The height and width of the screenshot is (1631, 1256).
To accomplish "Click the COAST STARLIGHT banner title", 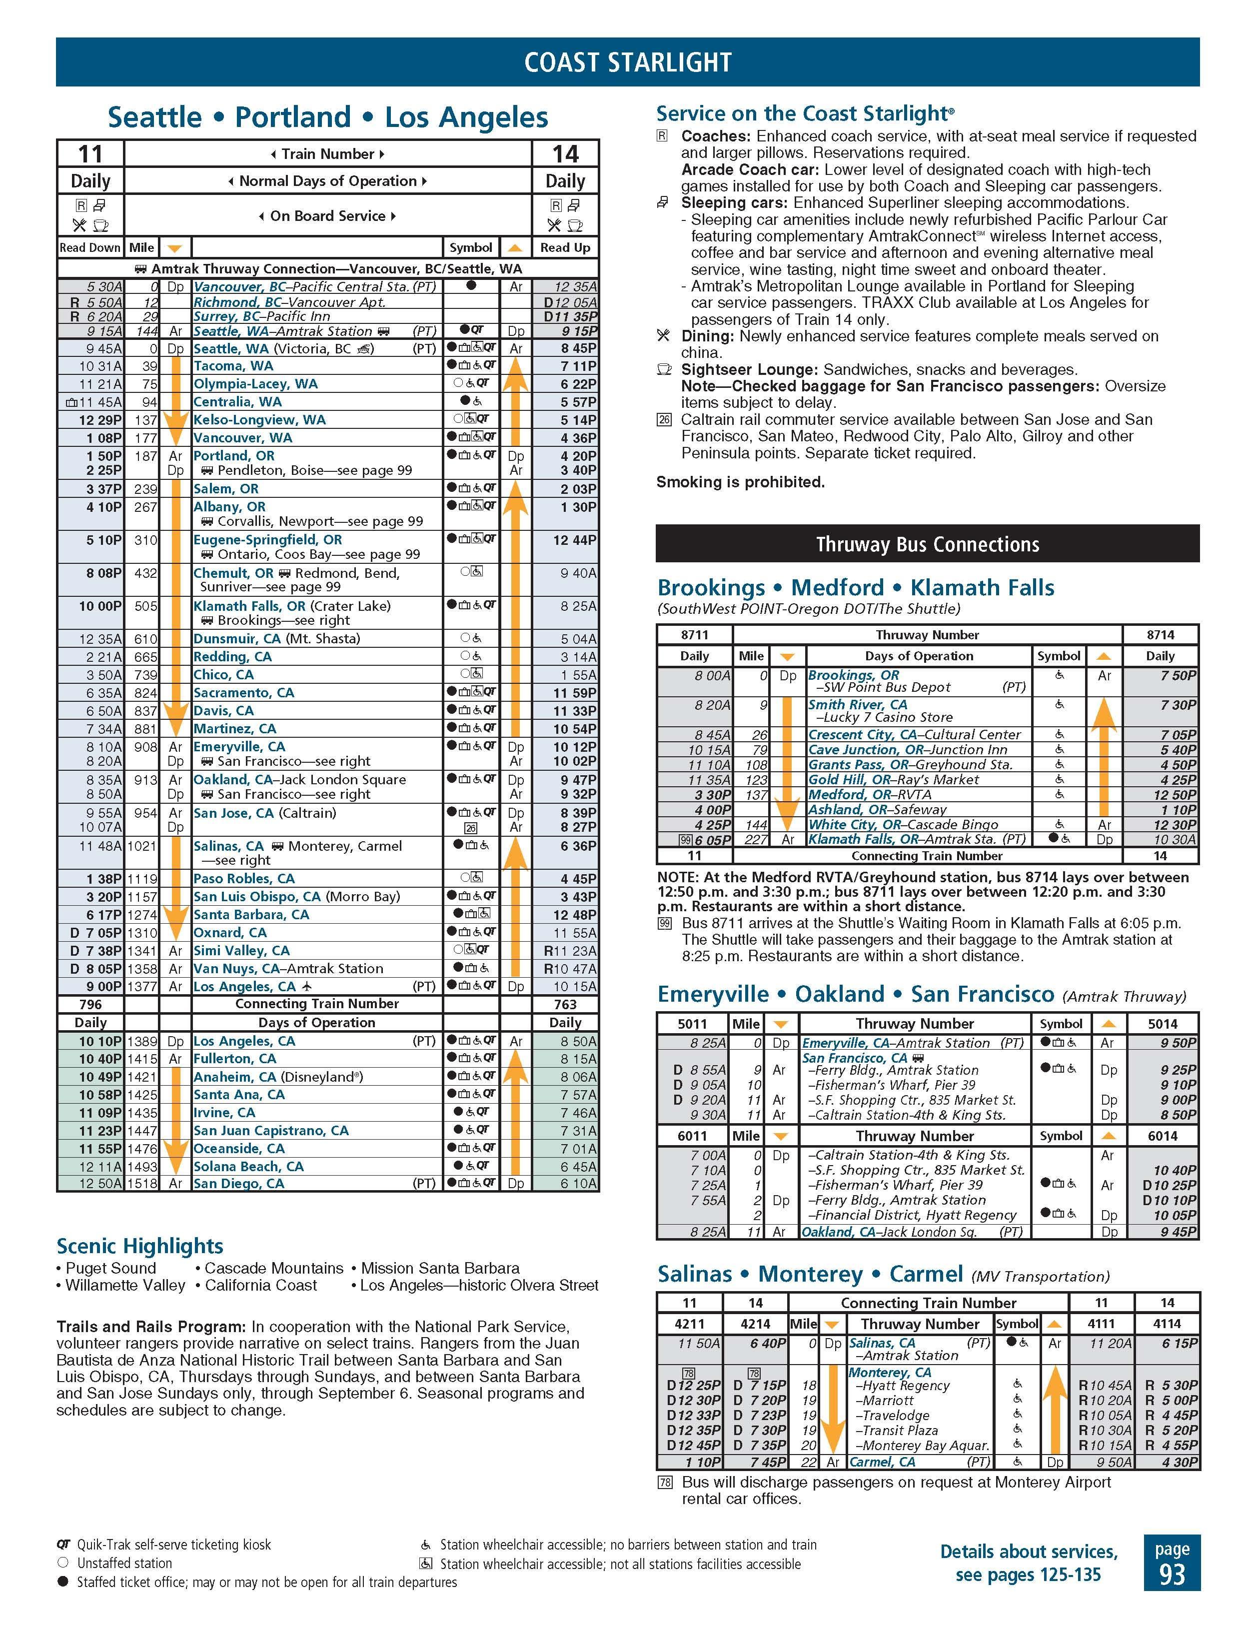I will point(627,62).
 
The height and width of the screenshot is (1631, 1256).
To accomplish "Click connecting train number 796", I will point(90,1004).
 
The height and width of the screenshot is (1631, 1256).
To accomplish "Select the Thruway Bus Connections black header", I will point(927,544).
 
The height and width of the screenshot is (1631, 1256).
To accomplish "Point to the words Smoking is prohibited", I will point(740,482).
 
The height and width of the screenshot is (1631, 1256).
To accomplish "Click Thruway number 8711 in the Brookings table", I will point(694,635).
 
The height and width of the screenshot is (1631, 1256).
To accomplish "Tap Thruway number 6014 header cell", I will point(1162,1136).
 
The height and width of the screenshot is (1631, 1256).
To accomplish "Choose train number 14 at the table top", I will point(565,154).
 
